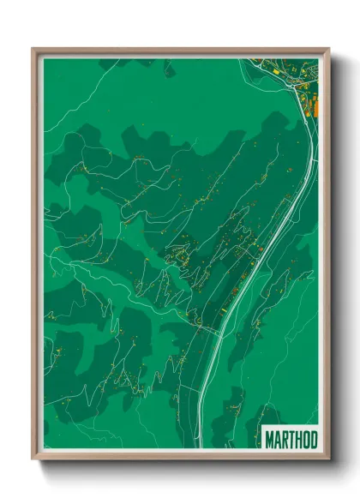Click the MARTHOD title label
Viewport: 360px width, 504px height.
[x=291, y=439]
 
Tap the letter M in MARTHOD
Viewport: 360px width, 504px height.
[x=269, y=439]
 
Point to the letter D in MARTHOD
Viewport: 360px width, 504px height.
[x=313, y=439]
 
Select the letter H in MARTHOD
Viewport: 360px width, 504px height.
[x=298, y=439]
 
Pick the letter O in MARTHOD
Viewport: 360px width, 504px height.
[x=305, y=439]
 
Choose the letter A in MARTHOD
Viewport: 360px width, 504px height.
[x=277, y=439]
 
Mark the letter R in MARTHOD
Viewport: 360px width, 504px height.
[x=284, y=439]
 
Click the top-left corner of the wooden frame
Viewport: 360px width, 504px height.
[x=33, y=50]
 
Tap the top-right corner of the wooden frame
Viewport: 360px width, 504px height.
[x=327, y=50]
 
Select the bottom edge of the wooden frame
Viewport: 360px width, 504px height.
[x=180, y=459]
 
